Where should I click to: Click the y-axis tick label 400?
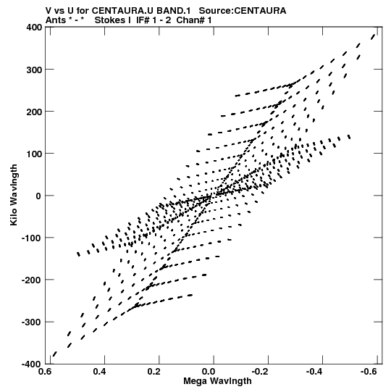click(34, 27)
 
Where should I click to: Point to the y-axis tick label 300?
click(34, 70)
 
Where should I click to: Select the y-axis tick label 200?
click(34, 112)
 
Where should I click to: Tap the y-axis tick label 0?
click(38, 196)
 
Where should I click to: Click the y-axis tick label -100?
click(32, 238)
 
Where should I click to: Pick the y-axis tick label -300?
click(32, 322)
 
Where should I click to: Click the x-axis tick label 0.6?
click(46, 372)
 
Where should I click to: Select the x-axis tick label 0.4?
click(100, 372)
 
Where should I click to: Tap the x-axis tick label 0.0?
click(209, 372)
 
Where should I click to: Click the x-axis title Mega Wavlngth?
click(218, 381)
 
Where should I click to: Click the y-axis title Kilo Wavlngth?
click(14, 195)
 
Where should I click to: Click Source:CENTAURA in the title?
click(243, 11)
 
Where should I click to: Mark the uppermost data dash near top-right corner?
click(374, 36)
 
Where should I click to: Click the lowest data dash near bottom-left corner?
click(54, 354)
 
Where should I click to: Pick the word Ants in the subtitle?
click(56, 20)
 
